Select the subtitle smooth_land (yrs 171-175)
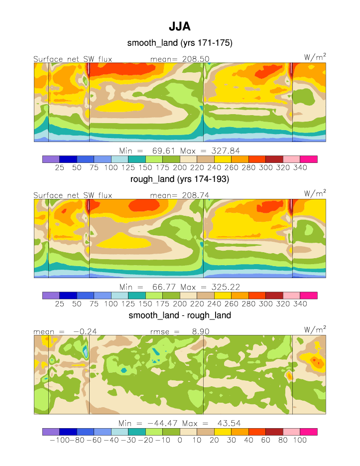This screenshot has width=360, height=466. (x=180, y=43)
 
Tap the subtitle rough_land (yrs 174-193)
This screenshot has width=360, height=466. (x=180, y=179)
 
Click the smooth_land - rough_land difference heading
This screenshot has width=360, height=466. (x=180, y=315)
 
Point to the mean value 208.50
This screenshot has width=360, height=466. (x=196, y=59)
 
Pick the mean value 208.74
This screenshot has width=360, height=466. (x=196, y=195)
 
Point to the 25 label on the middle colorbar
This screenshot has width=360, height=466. (x=59, y=304)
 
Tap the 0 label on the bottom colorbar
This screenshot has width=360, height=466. (x=180, y=441)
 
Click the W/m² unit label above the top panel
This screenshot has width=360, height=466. (x=315, y=58)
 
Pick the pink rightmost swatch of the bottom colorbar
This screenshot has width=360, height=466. (x=308, y=432)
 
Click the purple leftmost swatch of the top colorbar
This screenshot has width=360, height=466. (x=51, y=159)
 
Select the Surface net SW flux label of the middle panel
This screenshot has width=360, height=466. (x=73, y=195)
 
